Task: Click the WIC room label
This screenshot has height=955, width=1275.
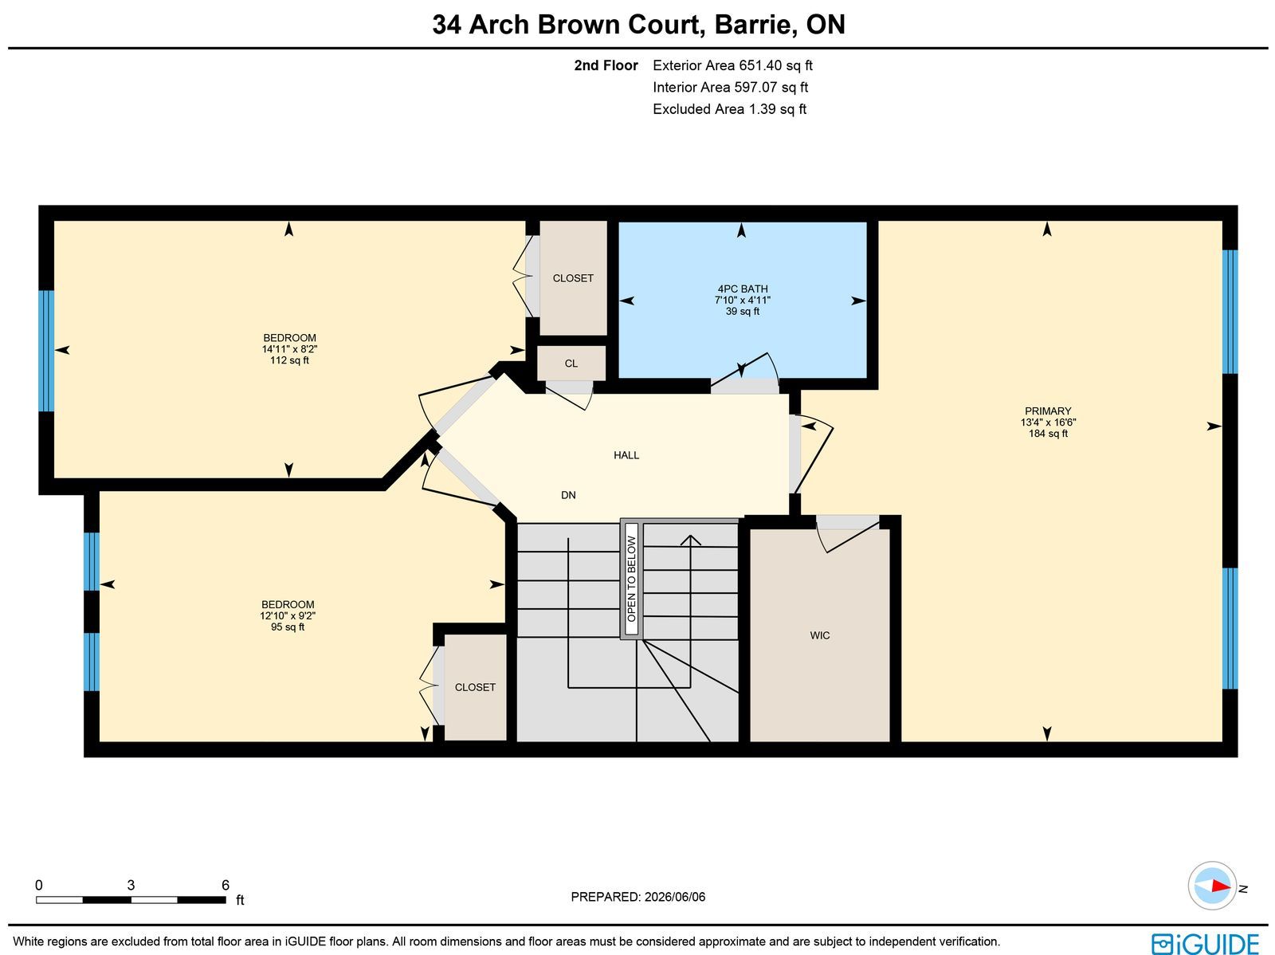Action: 820,635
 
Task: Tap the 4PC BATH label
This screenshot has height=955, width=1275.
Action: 743,289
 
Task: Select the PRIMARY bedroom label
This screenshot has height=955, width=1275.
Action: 1048,411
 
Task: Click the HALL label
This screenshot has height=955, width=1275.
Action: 626,455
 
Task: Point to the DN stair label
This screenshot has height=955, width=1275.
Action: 568,495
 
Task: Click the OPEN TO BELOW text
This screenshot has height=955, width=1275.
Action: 631,579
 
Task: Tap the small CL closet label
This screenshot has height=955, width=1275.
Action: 571,364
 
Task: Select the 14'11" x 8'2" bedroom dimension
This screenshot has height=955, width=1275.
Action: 289,349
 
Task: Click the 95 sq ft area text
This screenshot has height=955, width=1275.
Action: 288,627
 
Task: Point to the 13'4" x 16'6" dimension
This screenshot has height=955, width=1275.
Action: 1048,422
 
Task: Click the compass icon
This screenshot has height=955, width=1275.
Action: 1212,886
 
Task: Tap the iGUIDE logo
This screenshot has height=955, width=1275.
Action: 1206,943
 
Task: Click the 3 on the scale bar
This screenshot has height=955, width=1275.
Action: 131,886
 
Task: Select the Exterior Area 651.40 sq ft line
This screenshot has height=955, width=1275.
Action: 732,65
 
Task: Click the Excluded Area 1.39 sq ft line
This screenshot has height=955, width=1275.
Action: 730,109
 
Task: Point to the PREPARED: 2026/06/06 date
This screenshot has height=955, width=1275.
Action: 637,897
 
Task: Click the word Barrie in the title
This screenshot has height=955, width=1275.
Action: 751,25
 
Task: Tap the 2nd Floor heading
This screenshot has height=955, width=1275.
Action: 606,65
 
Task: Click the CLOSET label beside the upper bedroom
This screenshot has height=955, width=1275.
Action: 573,278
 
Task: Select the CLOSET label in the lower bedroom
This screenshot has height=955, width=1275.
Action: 475,687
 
